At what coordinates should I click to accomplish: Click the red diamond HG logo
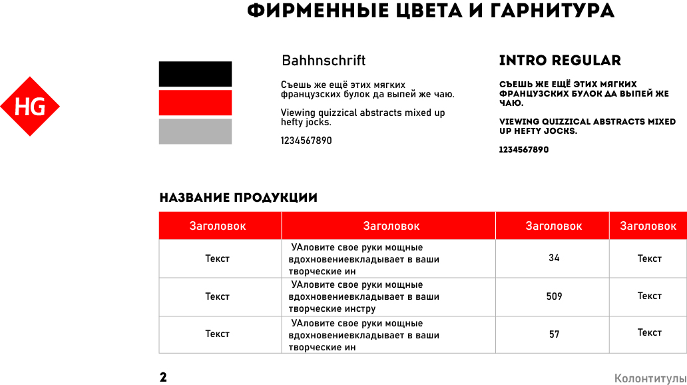30,107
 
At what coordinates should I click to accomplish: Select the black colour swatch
195,74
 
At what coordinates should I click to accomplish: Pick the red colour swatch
195,103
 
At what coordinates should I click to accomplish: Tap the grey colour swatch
195,131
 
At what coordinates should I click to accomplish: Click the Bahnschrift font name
324,61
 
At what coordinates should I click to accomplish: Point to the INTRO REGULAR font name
560,61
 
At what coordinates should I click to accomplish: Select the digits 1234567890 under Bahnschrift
306,141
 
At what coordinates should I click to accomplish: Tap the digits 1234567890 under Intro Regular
524,150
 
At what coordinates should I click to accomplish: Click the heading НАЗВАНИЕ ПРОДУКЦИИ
238,198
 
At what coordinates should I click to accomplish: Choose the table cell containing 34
554,258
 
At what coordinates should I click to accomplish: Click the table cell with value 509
554,296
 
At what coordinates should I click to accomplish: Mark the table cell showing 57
554,334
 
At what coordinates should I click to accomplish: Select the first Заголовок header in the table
218,226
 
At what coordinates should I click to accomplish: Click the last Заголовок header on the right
648,226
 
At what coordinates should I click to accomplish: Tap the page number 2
163,378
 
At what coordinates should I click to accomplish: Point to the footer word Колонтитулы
650,378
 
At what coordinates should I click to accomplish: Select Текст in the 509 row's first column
217,296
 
